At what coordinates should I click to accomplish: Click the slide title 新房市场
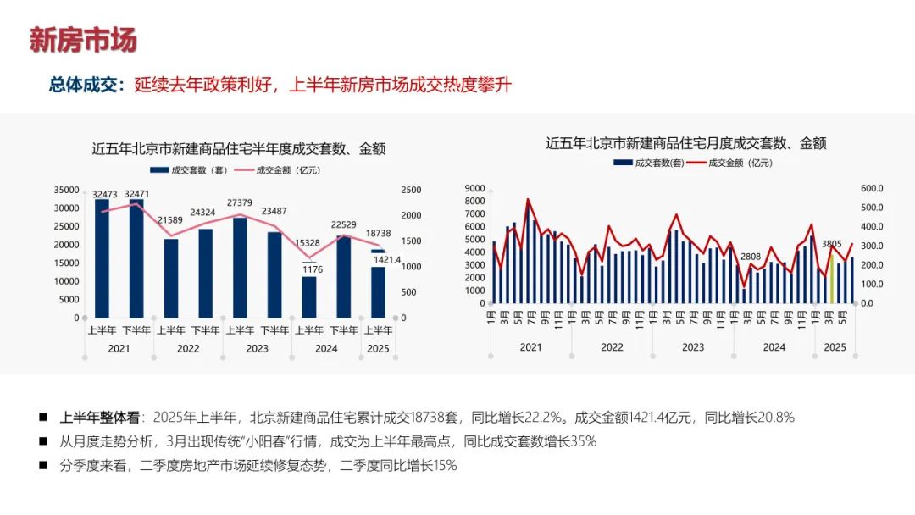83,40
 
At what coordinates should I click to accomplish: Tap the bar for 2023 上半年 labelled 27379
240,267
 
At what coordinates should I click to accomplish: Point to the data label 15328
308,243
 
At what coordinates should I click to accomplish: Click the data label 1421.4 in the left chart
387,259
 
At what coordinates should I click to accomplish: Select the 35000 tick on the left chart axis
66,190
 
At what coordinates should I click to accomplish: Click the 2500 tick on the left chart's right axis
409,190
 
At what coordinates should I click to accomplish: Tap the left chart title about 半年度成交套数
239,149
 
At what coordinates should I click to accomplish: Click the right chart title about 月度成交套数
685,143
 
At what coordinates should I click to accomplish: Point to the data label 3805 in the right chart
832,241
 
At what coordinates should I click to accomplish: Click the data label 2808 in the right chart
750,257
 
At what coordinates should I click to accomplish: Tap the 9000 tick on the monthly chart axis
474,188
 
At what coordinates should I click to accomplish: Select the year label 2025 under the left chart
378,348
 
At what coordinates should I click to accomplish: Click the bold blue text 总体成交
86,85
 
